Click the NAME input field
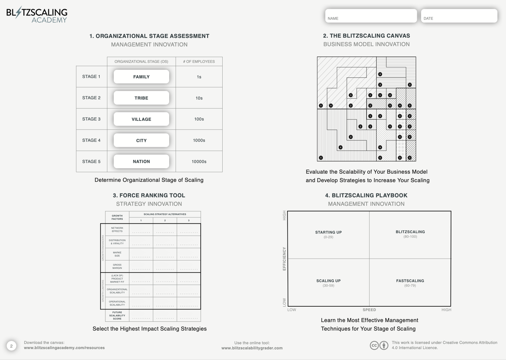coord(371,15)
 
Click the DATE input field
coord(459,15)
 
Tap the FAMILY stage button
coord(141,76)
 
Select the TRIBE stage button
coord(141,98)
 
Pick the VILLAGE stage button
coord(141,119)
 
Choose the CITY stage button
coord(141,140)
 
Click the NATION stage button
coord(141,162)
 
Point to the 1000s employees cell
coord(199,140)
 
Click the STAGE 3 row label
coord(91,119)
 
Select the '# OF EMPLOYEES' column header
coord(199,62)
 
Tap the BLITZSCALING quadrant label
coord(410,232)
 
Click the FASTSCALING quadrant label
coord(410,281)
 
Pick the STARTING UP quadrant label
coord(328,232)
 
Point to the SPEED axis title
coord(369,310)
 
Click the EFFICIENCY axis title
coord(284,259)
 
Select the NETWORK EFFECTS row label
coord(117,229)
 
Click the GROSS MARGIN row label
coord(117,266)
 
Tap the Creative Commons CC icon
coord(374,345)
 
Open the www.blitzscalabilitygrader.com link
coord(252,348)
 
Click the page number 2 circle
coord(11,346)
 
